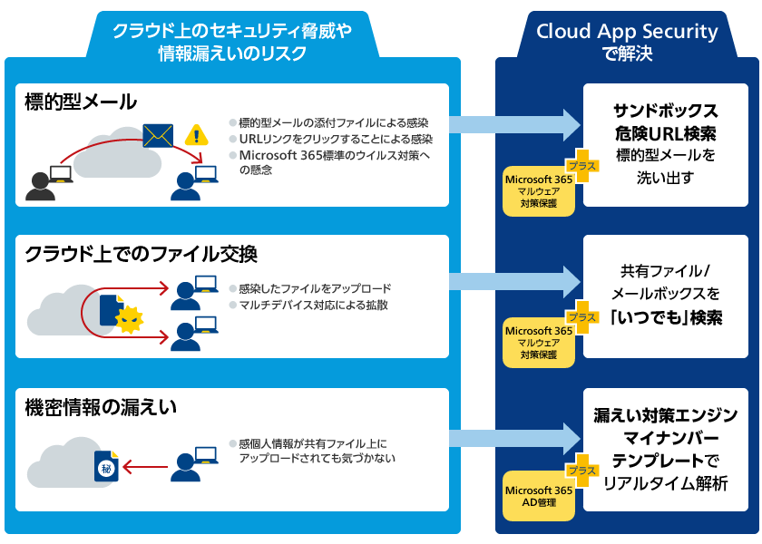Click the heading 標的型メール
click(x=81, y=102)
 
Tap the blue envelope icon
click(x=158, y=136)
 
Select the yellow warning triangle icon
click(x=195, y=136)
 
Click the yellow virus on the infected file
click(x=132, y=318)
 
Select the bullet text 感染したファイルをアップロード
click(x=314, y=288)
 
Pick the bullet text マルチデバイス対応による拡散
click(x=313, y=305)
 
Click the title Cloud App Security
click(x=627, y=32)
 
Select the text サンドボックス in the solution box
click(x=665, y=112)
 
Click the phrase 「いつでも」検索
click(x=665, y=318)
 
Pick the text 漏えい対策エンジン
click(x=665, y=416)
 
